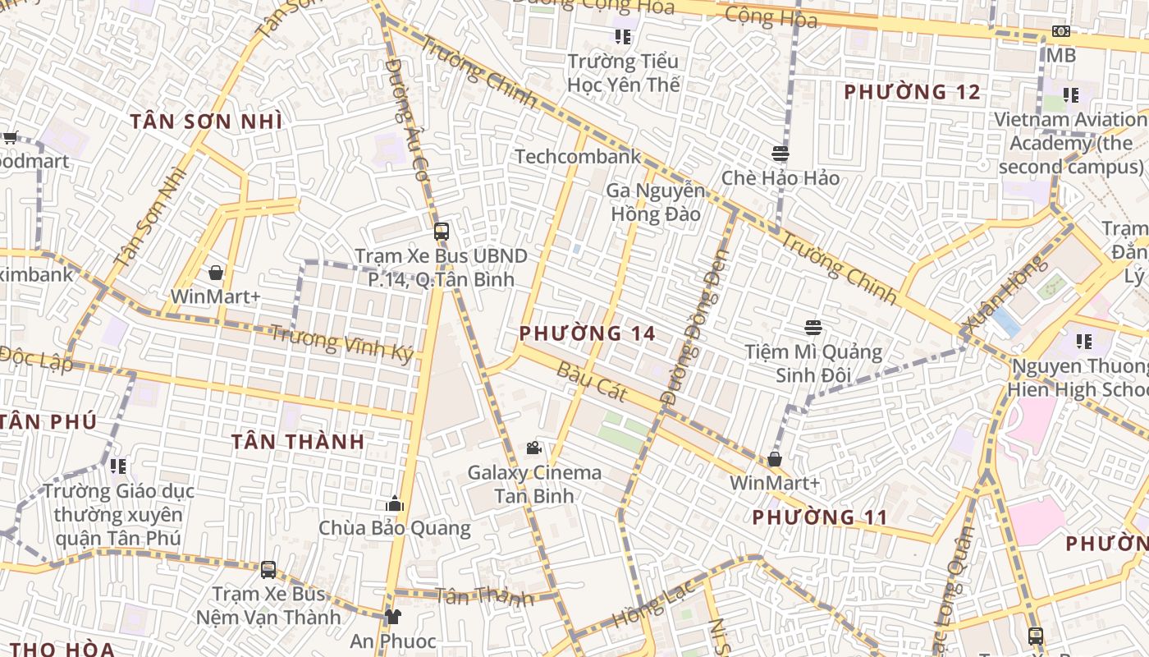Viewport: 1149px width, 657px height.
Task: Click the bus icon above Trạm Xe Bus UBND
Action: (442, 232)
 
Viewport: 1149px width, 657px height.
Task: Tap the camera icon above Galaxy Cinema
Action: (534, 448)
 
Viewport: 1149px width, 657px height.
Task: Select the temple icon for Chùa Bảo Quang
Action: (395, 503)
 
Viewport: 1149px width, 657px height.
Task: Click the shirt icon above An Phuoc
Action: (393, 616)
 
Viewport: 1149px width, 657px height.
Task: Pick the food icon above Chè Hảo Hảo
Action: (780, 154)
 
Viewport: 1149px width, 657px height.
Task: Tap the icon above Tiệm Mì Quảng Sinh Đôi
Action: (813, 328)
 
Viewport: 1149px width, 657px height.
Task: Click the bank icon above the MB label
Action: (1060, 32)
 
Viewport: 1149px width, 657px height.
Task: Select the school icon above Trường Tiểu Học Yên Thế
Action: (623, 37)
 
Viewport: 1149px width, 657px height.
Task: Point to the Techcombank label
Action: (578, 157)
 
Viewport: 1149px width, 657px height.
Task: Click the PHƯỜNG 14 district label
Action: (588, 333)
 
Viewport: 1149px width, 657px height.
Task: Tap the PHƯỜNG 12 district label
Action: (913, 92)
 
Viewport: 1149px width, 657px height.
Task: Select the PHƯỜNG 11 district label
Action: (820, 517)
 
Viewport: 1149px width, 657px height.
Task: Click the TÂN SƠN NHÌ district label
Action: (206, 122)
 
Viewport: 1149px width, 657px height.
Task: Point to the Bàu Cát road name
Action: (592, 381)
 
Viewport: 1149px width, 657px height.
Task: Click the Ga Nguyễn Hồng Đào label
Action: (655, 203)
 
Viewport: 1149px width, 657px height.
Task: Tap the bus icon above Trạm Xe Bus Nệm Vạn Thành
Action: (268, 569)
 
